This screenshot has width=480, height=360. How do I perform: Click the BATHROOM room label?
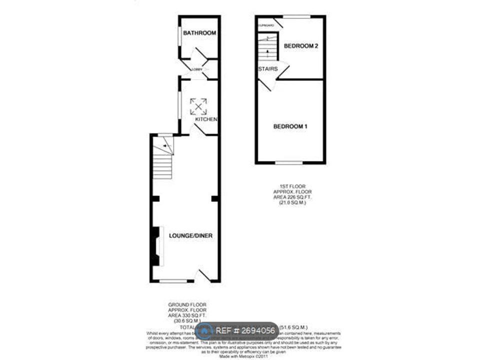click(x=199, y=33)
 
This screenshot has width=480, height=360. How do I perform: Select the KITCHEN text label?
click(x=205, y=119)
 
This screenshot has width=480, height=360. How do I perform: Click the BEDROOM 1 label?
click(x=290, y=127)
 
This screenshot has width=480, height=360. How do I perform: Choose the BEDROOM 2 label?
click(x=301, y=46)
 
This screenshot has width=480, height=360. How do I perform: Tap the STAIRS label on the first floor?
click(x=268, y=69)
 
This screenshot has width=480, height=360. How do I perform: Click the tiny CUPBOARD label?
click(x=264, y=24)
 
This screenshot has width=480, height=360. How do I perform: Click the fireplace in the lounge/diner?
click(x=156, y=246)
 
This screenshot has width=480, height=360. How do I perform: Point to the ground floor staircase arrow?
click(x=164, y=145)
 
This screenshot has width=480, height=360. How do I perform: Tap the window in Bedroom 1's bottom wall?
click(x=289, y=162)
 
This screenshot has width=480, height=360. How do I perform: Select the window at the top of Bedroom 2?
click(x=297, y=16)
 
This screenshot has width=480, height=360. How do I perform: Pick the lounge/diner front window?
click(x=173, y=281)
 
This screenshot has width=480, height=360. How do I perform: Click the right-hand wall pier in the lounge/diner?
click(x=214, y=199)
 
